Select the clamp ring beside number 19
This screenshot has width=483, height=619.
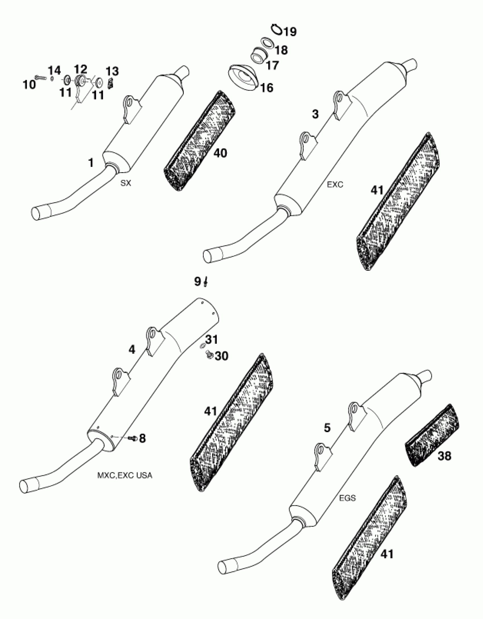pos(276,29)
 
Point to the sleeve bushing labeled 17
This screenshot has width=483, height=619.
pos(259,55)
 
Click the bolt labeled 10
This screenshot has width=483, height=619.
pos(40,77)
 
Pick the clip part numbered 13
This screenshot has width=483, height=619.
pos(111,84)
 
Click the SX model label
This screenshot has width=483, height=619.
pos(126,183)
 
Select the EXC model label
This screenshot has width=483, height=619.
pos(335,185)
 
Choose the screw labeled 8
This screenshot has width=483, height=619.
pos(132,439)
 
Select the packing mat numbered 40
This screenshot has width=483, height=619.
pos(199,142)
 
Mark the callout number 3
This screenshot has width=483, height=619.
pos(315,114)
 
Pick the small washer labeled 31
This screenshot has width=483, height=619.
pos(202,346)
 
